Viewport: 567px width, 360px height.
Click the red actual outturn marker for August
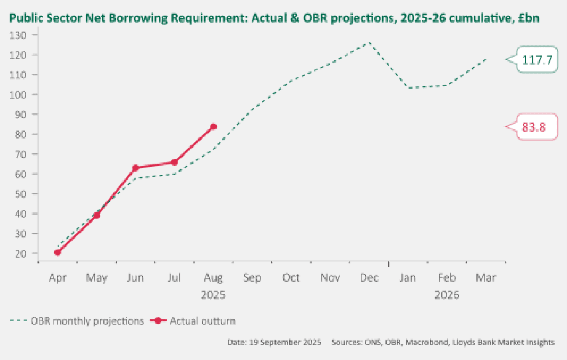pos(213,127)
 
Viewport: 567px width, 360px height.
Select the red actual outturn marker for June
pos(136,168)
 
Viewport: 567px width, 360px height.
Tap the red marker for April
pos(58,252)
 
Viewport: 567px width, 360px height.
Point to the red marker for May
pos(97,215)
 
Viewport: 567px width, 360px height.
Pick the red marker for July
pos(175,162)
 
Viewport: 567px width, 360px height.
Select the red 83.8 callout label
pos(534,127)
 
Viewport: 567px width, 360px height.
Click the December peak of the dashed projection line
pos(369,43)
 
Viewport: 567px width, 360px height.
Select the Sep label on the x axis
pos(252,278)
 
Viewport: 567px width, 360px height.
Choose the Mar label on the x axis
pos(485,278)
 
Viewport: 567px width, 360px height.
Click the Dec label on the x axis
pos(369,278)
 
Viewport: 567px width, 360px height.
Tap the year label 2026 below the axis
pos(447,295)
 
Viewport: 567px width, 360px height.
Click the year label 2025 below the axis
pos(213,295)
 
